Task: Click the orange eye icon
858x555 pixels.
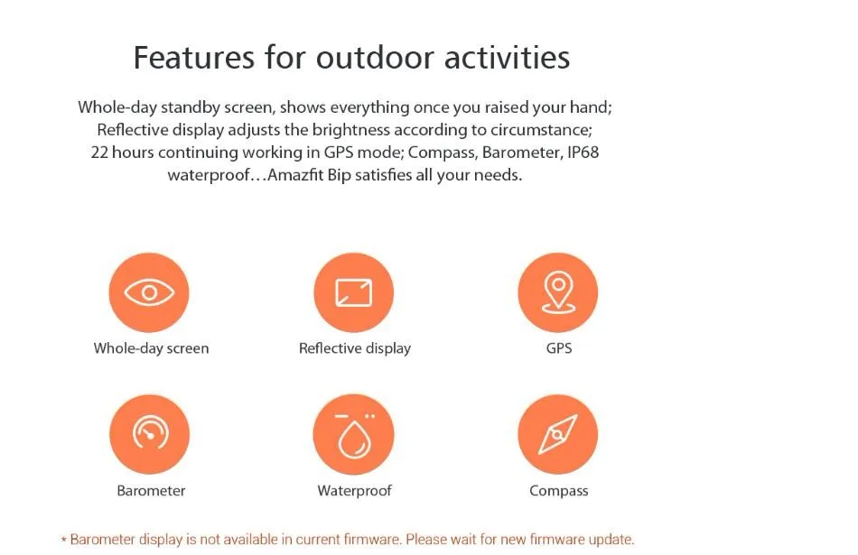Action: click(149, 292)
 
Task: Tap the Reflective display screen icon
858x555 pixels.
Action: click(353, 292)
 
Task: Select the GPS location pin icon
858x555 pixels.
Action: click(557, 292)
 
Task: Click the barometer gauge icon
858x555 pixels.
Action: click(149, 434)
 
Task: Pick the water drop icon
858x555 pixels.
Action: click(353, 434)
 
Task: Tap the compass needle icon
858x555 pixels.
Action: click(557, 434)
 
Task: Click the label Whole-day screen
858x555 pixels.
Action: click(151, 348)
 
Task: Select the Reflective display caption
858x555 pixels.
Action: click(355, 348)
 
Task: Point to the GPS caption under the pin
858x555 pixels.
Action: click(559, 348)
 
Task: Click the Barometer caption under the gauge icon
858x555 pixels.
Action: click(151, 491)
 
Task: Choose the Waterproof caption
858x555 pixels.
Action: click(355, 491)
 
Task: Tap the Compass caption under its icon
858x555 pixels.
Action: click(559, 491)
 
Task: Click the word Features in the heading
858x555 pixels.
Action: click(194, 58)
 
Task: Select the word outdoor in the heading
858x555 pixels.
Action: click(375, 58)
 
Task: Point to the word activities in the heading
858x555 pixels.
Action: click(508, 58)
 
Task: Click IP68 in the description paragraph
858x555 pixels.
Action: click(583, 152)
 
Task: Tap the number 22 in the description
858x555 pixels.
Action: click(99, 152)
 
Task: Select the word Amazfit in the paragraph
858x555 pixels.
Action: click(294, 175)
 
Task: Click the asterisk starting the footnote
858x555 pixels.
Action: click(64, 541)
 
